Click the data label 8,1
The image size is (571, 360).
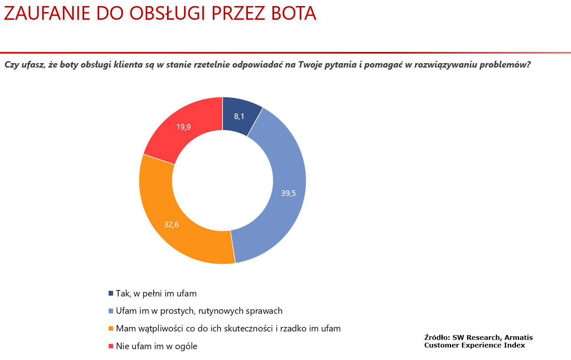(239, 117)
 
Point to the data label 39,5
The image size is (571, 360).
(288, 193)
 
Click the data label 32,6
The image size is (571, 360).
(171, 224)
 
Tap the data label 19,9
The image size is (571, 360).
(183, 127)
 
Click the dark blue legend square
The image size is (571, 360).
(111, 294)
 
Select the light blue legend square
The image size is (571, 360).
(111, 311)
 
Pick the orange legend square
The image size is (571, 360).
(111, 329)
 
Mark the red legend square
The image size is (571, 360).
(111, 346)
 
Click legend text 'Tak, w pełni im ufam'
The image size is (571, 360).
(156, 294)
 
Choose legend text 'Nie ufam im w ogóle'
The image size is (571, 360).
(157, 346)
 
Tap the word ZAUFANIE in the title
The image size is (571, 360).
(47, 14)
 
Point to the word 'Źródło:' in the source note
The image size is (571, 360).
(437, 337)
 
